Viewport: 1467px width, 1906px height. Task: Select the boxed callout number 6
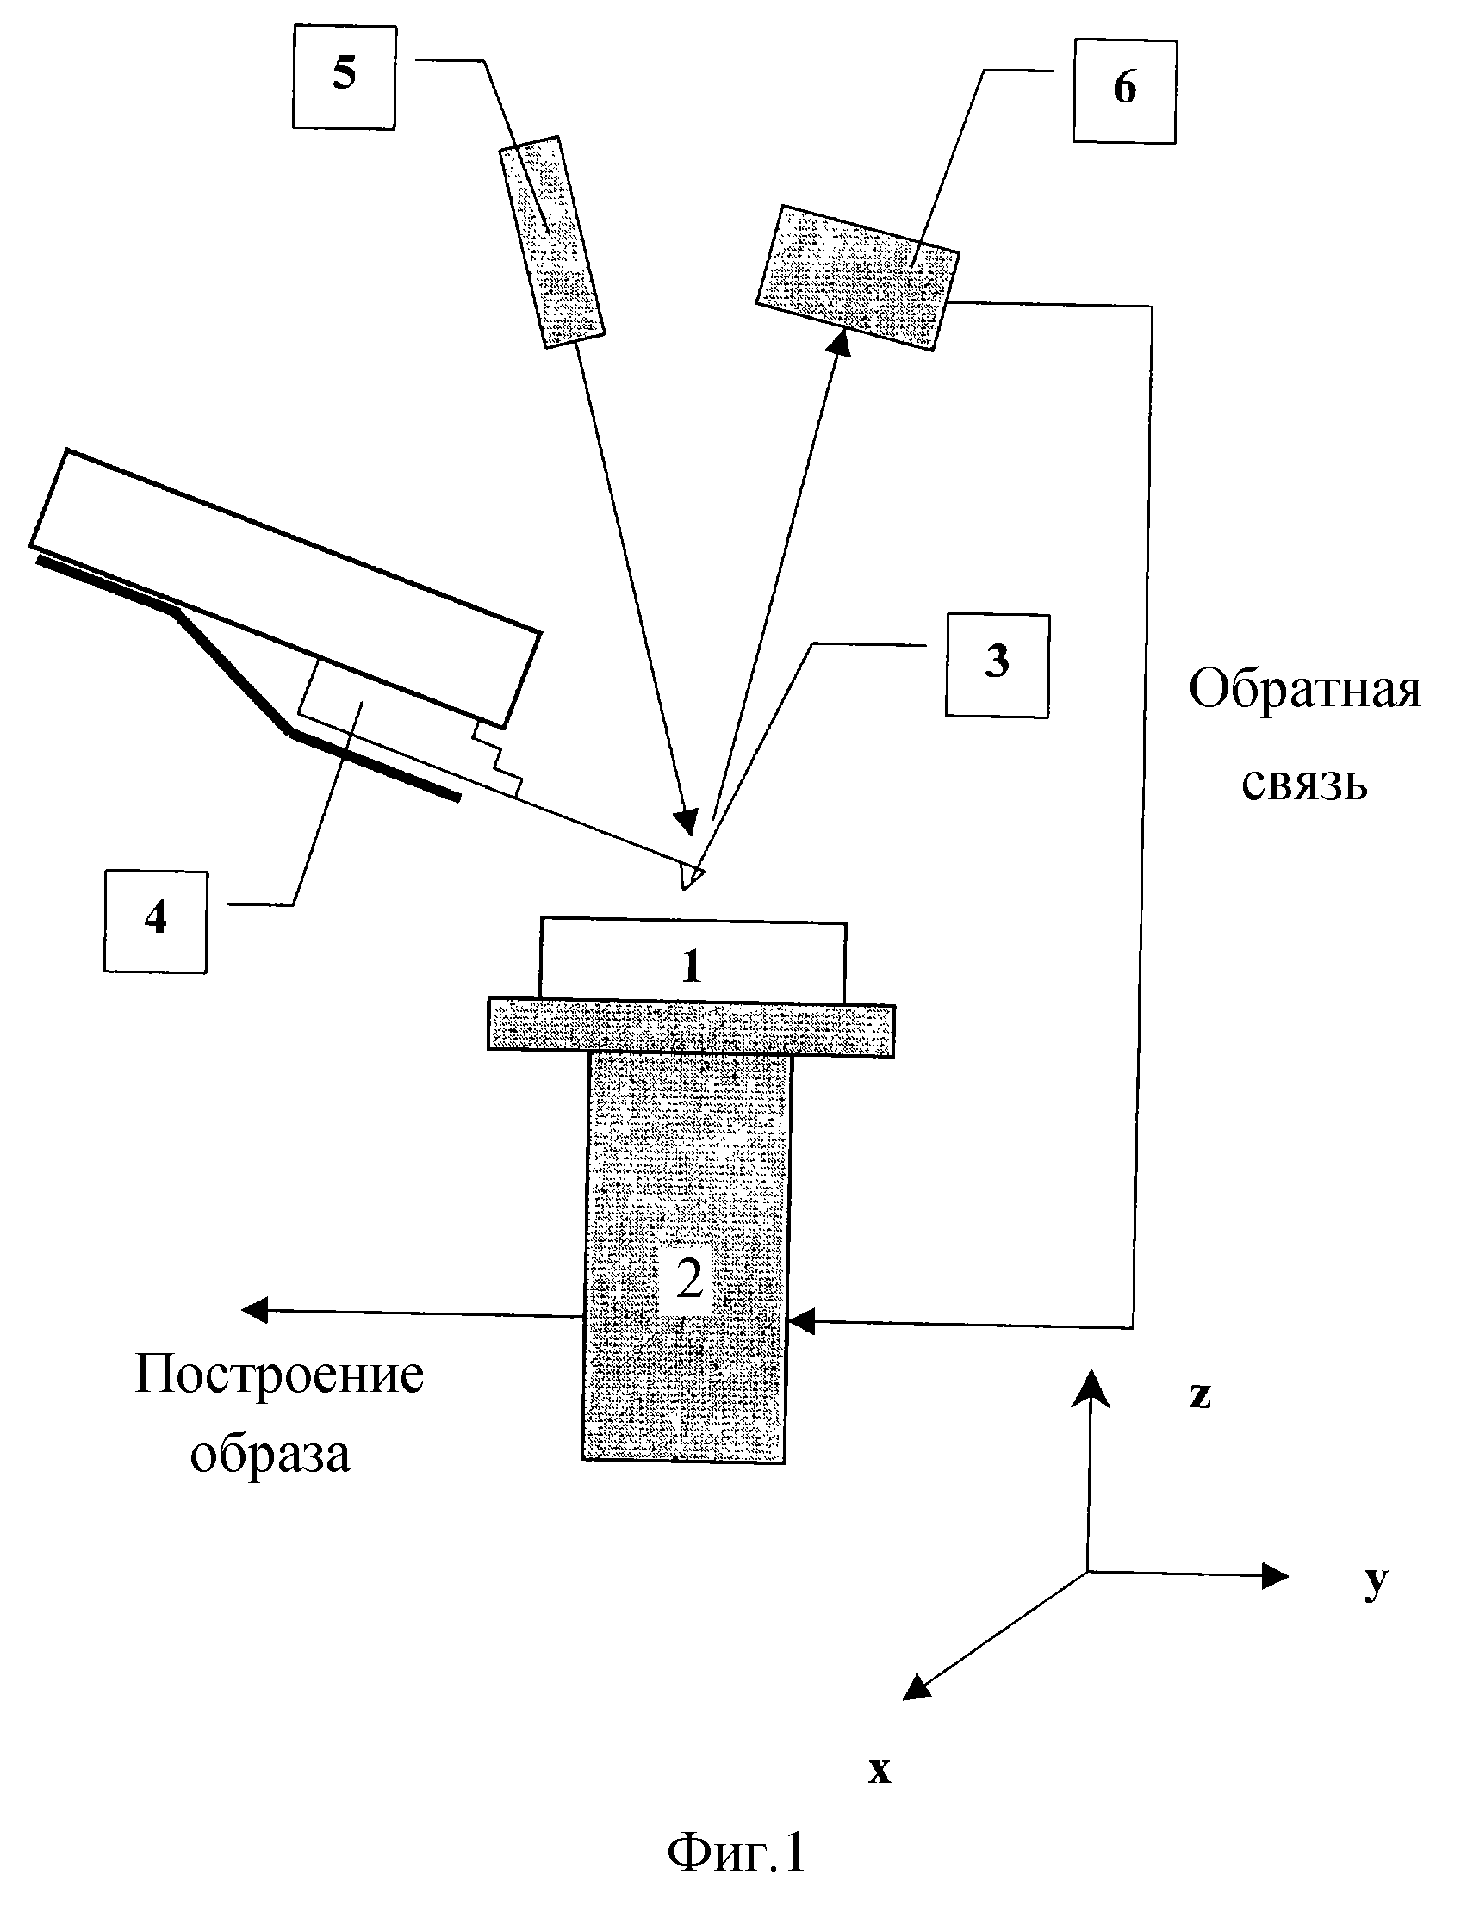click(x=1125, y=90)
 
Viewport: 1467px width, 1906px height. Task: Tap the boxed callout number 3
click(x=998, y=665)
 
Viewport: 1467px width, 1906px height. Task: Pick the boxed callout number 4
click(x=155, y=921)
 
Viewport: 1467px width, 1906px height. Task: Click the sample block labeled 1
click(x=693, y=960)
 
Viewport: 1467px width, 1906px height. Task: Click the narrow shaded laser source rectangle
click(x=551, y=243)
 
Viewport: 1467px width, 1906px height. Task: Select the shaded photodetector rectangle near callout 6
click(x=858, y=277)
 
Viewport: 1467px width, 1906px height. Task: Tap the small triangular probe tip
click(x=690, y=876)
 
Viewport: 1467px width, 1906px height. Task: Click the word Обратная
click(x=1306, y=691)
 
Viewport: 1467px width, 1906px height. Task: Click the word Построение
click(x=279, y=1375)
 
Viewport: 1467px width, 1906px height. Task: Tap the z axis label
click(x=1201, y=1395)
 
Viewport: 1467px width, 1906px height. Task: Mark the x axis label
click(x=880, y=1770)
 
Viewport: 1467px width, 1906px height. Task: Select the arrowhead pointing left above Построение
click(x=256, y=1309)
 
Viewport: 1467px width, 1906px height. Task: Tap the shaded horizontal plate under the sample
click(x=691, y=1029)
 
